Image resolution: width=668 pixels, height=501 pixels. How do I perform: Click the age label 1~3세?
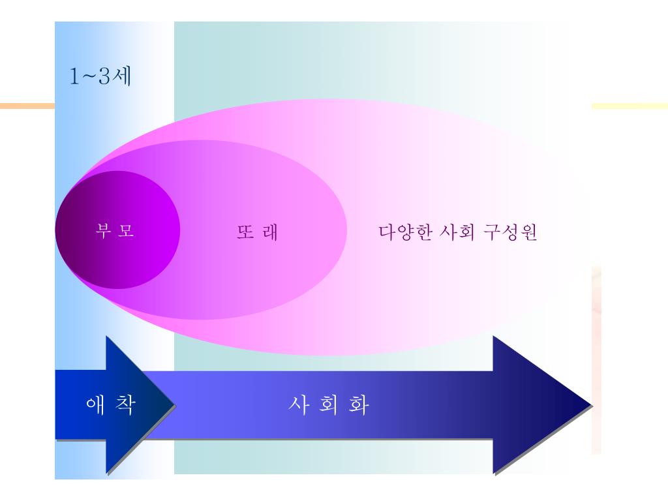101,77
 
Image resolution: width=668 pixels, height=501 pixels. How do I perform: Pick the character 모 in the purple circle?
127,232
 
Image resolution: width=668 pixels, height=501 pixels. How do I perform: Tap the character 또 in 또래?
245,233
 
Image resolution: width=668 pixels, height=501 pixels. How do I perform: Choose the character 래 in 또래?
270,233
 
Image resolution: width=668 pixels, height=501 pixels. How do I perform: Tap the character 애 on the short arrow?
96,404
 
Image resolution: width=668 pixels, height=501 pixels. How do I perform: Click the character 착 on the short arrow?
127,404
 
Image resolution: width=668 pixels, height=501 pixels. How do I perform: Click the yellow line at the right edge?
630,104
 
